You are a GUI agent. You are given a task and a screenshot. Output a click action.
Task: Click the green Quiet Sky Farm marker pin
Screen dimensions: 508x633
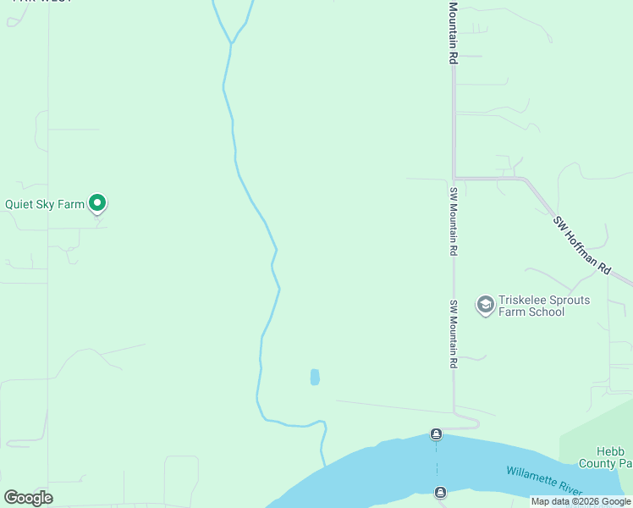97,203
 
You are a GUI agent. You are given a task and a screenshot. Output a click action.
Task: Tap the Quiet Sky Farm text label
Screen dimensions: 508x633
45,204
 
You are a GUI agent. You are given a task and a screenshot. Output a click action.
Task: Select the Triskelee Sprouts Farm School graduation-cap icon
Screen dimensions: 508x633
485,305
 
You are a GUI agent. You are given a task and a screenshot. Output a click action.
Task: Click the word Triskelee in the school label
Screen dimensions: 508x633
523,301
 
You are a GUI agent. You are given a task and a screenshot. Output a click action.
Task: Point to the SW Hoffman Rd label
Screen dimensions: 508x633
581,245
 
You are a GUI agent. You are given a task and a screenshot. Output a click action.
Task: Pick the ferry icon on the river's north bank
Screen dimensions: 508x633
436,434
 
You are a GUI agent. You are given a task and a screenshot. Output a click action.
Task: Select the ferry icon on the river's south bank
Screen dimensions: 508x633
440,493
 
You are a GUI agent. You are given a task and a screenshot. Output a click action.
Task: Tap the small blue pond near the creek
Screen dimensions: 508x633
315,377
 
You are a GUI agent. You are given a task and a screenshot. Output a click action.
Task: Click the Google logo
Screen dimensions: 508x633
28,498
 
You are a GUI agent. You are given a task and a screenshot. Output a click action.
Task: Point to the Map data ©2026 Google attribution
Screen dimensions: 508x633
581,502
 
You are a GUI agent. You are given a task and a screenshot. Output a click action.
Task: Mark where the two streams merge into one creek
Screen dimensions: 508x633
230,42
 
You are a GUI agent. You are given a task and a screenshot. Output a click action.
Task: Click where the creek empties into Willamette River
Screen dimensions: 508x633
324,463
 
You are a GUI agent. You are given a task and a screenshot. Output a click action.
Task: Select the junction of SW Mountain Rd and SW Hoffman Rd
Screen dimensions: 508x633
454,178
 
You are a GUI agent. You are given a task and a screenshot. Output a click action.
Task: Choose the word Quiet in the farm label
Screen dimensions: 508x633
20,204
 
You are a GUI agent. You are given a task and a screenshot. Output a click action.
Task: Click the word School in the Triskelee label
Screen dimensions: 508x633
546,312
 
